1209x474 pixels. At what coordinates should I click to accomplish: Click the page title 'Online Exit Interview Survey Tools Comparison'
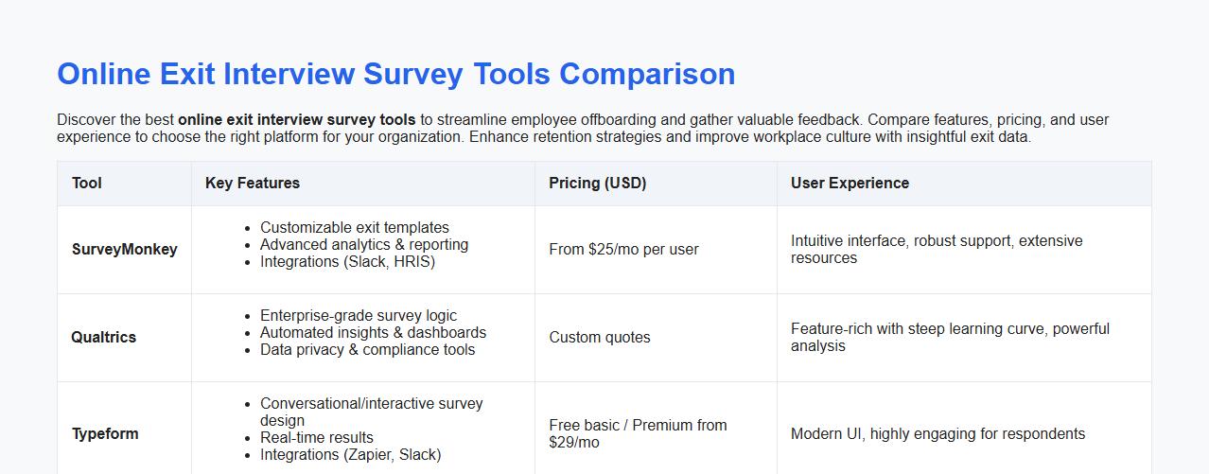click(395, 74)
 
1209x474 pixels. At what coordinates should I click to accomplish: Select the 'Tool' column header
click(86, 184)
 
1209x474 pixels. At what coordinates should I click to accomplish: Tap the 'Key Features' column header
click(253, 184)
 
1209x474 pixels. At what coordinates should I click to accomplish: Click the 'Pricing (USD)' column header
click(597, 184)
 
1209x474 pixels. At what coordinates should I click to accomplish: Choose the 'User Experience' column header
click(850, 184)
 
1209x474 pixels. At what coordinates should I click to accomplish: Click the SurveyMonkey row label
click(124, 250)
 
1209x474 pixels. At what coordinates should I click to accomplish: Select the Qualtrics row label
click(104, 338)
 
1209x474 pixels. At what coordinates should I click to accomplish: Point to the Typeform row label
click(105, 434)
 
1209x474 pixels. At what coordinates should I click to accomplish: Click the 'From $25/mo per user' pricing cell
click(623, 250)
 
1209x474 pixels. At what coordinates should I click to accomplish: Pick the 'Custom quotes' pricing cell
click(600, 338)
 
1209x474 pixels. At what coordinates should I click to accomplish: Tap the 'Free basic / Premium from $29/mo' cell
click(638, 434)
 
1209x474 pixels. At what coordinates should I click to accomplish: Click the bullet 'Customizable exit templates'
click(355, 228)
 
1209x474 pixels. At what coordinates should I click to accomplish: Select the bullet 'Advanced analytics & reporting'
click(364, 245)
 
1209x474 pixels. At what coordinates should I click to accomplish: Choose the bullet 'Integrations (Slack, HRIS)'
click(347, 262)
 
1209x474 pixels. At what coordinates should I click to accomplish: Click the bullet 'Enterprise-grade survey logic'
click(359, 316)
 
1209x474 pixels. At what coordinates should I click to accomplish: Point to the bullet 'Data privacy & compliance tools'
click(368, 350)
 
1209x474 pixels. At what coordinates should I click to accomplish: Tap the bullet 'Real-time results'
click(317, 438)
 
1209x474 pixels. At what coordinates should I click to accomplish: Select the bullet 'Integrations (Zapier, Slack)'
click(350, 455)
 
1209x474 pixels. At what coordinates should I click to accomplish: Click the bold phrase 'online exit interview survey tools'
click(296, 120)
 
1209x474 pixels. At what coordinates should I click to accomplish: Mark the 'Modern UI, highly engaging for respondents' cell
click(937, 434)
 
